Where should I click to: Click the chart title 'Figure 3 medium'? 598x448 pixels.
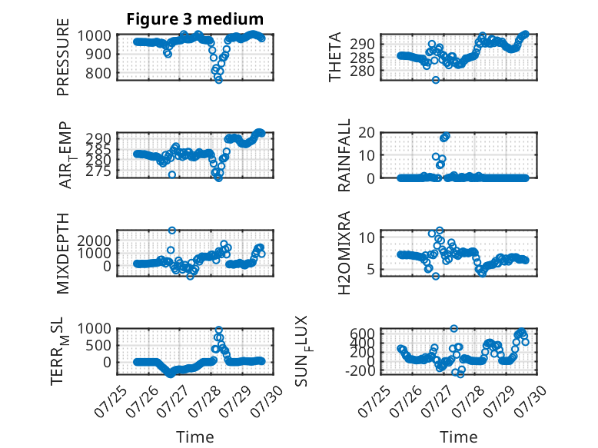pos(195,19)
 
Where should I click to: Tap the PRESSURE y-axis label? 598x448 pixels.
pos(63,57)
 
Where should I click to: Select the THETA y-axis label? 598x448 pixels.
pos(334,57)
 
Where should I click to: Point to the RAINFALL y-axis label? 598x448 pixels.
pos(344,155)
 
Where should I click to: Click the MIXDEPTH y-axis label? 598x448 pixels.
pos(63,253)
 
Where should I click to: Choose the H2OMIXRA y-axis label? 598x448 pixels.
pos(344,253)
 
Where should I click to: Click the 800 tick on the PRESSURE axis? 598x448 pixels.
pos(98,73)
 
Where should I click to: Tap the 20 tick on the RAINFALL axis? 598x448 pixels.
pos(367,133)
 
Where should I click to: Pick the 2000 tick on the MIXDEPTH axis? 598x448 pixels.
pos(95,241)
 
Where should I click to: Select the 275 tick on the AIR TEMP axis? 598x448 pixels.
pos(98,171)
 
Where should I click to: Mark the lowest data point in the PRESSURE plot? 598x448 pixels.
pos(218,80)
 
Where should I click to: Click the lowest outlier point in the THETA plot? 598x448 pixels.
pos(436,80)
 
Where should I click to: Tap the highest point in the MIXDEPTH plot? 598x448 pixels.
pos(172,231)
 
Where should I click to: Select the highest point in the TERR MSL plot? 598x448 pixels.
pos(218,330)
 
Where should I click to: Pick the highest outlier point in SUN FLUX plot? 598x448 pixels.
pos(453,328)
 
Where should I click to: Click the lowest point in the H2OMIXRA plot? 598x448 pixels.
pos(436,276)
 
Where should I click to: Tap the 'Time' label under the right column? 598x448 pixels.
pos(458,436)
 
